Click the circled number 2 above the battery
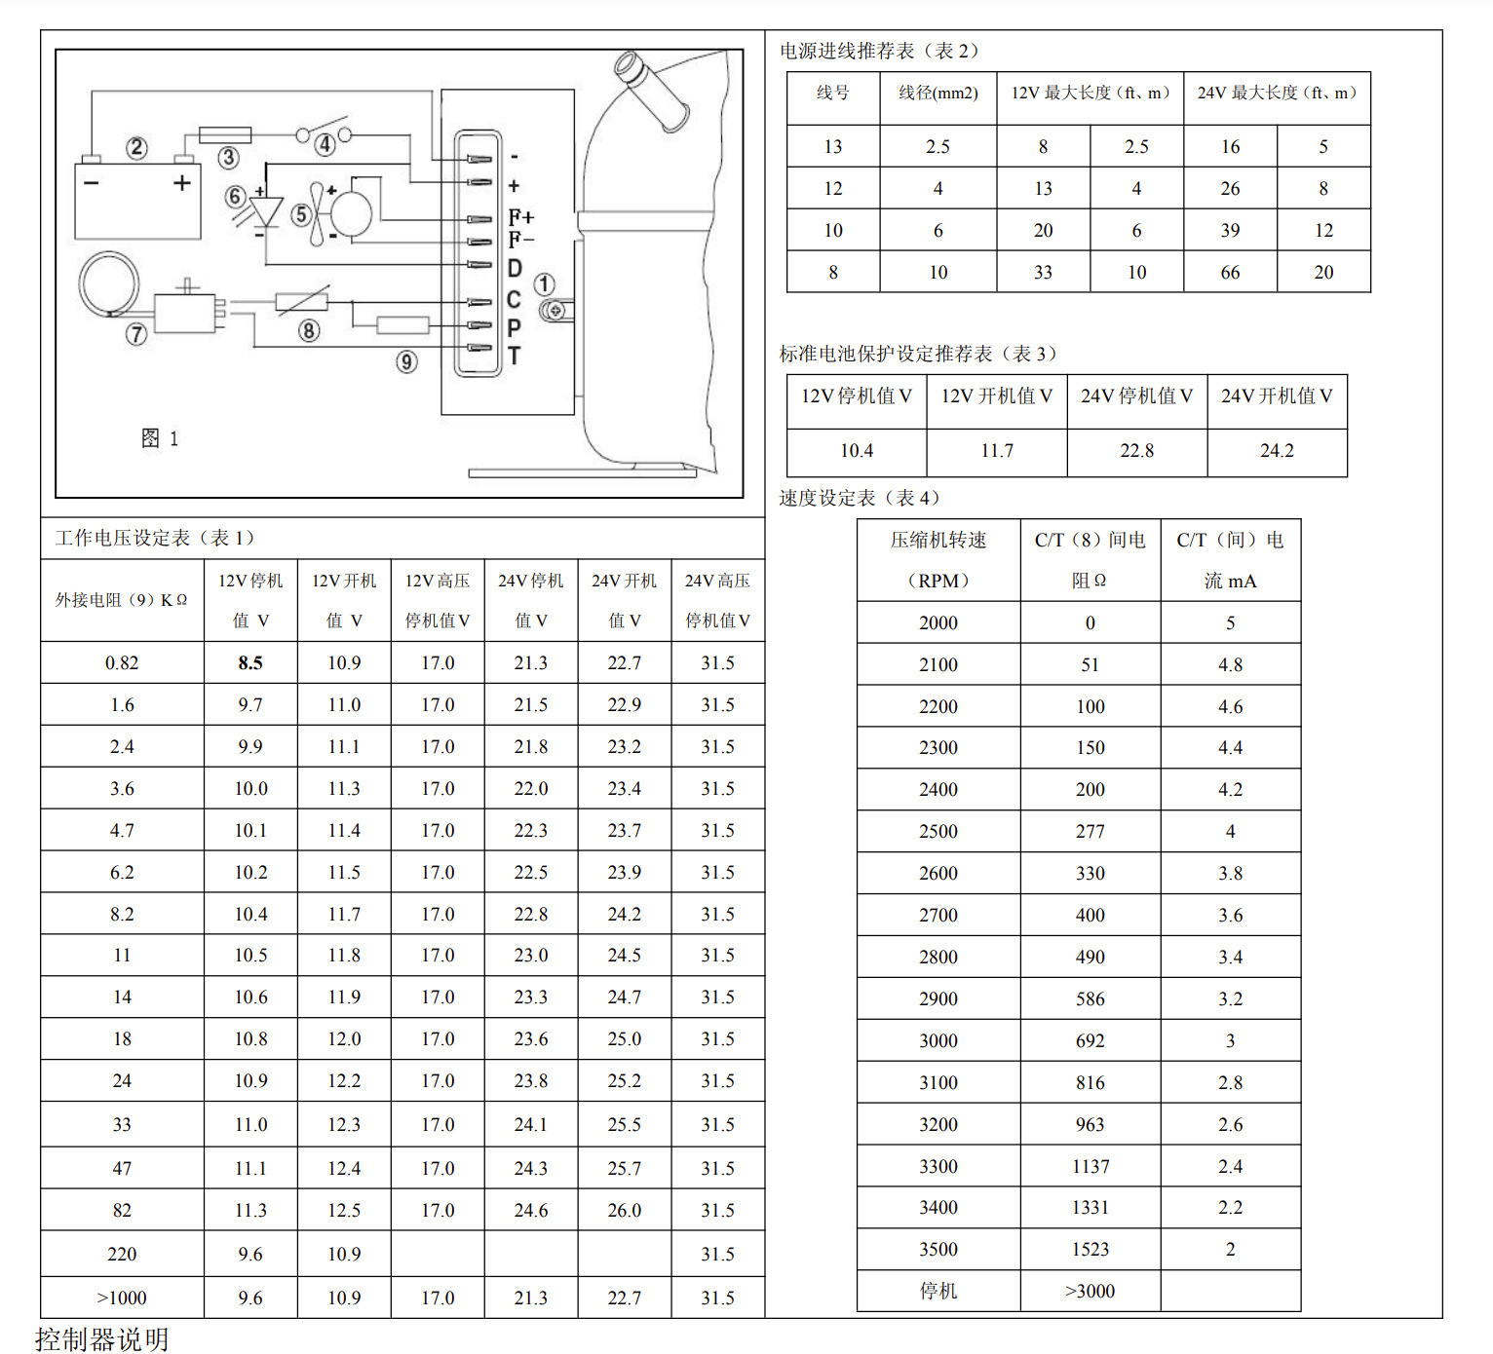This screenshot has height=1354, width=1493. pos(136,148)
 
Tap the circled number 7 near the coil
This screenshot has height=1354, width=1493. pos(136,334)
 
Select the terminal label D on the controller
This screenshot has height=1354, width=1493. pos(515,268)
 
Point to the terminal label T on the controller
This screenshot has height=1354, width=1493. pos(515,357)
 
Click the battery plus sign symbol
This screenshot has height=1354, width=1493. pos(182,183)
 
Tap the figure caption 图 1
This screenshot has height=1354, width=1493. pos(160,438)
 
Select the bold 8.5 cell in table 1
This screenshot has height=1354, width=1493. pos(250,663)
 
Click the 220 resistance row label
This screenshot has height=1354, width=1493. pos(122,1255)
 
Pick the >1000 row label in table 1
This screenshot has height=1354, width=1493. pos(122,1298)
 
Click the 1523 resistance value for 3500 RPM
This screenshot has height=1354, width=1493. pos(1090,1250)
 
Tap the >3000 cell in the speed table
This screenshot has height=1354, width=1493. pos(1090,1292)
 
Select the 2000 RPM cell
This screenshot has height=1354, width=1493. pos(938,623)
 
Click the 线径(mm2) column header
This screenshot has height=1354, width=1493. pos(938,94)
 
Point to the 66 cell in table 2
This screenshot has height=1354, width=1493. pos(1230,273)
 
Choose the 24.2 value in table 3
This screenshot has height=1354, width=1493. pos(1277,451)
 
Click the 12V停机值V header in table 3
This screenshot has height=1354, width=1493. pos(857,396)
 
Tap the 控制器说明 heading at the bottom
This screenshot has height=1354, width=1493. pos(102,1339)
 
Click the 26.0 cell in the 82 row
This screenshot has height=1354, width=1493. pos(624,1211)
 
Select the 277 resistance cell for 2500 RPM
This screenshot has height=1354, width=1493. pos(1090,832)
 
